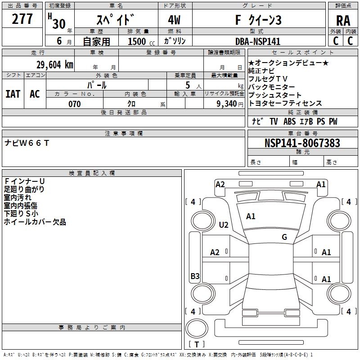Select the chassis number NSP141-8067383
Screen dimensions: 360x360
tap(302, 143)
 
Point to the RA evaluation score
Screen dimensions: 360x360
tap(343, 21)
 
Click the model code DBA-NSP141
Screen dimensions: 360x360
tap(258, 41)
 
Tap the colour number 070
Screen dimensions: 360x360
tap(75, 104)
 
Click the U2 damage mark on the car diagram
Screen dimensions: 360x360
tap(224, 225)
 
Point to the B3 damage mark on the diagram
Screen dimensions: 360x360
tap(195, 276)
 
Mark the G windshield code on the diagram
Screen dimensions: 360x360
tap(284, 237)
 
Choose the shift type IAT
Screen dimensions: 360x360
tap(13, 94)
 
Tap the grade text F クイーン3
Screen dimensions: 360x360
tap(258, 20)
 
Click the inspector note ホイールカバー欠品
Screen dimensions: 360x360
tap(35, 222)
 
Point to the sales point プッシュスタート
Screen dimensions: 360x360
tap(275, 95)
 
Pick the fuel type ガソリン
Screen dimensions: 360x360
tap(175, 41)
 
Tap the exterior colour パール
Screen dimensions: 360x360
tap(97, 85)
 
